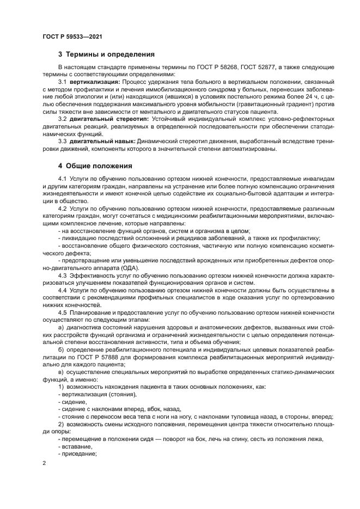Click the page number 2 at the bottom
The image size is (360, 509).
44,463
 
